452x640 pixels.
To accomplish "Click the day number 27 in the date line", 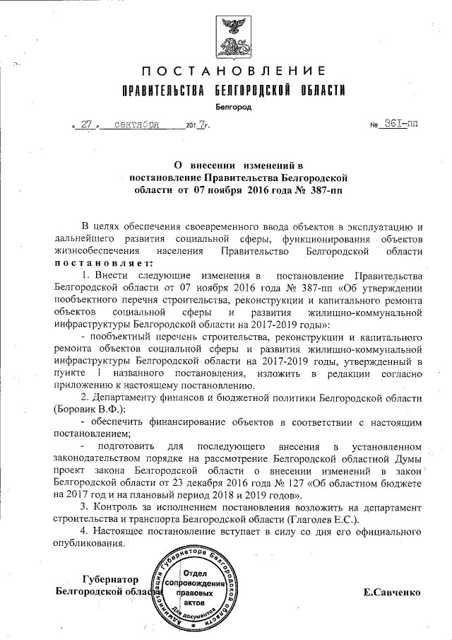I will [88, 125].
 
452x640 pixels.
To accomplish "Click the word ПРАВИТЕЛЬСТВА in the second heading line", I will [157, 91].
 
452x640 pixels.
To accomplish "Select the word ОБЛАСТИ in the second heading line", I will [319, 91].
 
